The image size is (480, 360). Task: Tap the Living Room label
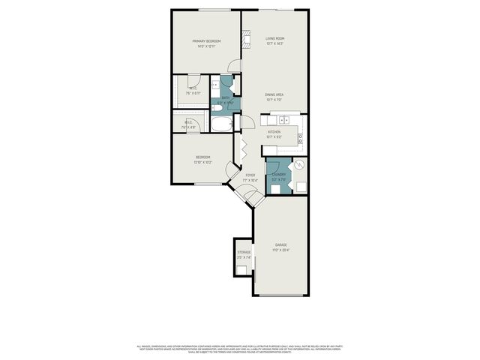pos(274,40)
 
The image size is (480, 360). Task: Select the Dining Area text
pos(274,97)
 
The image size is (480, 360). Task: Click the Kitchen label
pos(274,133)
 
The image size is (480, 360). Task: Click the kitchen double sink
pos(284,120)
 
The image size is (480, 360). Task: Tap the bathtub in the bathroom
pos(223,124)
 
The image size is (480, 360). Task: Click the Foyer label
pos(250,178)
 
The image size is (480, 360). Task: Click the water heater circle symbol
pos(299,166)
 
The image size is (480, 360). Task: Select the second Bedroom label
pos(202,159)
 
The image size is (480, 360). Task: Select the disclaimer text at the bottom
pos(240,349)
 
